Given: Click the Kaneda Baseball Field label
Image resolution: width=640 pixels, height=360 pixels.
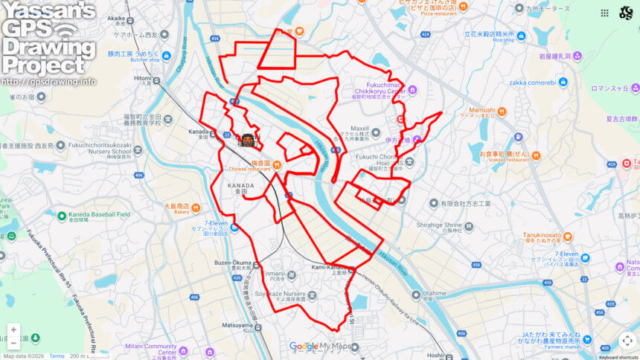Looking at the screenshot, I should [100, 214].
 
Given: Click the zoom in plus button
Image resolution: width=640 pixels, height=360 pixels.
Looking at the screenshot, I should [13, 330].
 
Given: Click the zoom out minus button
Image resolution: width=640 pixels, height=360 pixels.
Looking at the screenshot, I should [13, 343].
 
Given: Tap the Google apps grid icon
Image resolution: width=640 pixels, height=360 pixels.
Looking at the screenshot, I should [604, 13].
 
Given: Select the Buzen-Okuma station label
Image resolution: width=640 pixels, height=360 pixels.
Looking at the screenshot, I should [234, 263].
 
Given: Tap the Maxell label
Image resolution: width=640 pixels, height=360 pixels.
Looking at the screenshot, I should [360, 127].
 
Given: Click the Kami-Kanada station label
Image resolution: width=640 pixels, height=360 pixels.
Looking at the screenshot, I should [332, 267].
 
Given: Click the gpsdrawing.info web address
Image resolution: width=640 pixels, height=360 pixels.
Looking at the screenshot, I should [48, 81].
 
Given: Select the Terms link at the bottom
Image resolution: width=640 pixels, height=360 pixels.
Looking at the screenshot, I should [57, 356].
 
